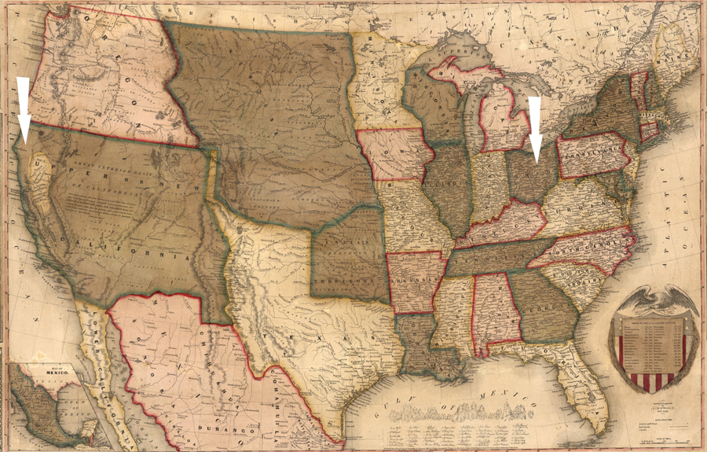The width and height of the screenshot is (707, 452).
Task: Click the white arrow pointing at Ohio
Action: coord(536,126)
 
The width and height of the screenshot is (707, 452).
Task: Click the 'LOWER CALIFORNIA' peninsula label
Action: coord(103,354)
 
